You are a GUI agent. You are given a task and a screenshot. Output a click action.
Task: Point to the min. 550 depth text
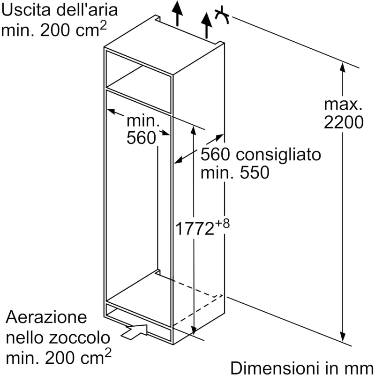[x=235, y=172]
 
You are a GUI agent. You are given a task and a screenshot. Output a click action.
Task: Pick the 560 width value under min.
[x=141, y=138]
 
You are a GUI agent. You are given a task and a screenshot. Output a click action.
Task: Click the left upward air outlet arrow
[x=177, y=13]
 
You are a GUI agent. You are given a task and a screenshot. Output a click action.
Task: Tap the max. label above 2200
[x=344, y=103]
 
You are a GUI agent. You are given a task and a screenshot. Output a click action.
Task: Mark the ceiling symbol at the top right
[x=222, y=15]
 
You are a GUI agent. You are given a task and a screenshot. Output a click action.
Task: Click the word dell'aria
[x=86, y=10]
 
